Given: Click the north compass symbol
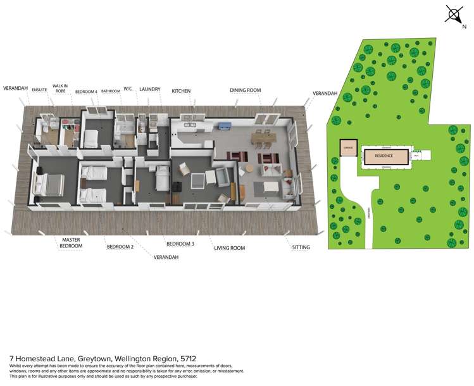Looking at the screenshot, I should (454, 14).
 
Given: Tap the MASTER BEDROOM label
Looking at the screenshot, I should (70, 244).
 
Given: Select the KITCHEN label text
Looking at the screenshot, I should (181, 91).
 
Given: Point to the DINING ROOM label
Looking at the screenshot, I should (246, 90).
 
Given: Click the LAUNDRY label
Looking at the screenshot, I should (150, 90).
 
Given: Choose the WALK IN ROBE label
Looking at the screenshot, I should (61, 89).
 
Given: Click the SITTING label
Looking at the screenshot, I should (301, 247).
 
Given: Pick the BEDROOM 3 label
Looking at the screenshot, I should (180, 244).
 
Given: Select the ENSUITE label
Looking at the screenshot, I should (39, 90).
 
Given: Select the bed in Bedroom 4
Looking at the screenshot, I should (91, 137).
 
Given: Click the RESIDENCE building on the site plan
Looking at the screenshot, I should (384, 156).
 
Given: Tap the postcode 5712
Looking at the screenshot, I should (189, 358).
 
